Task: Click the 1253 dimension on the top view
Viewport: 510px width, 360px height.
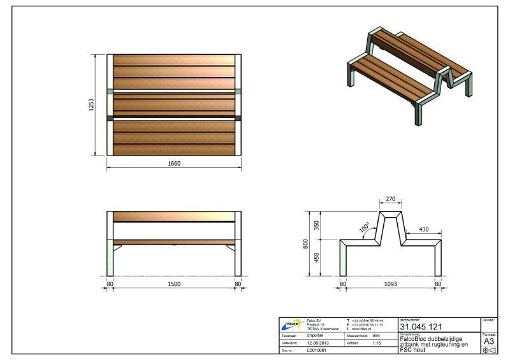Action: [92, 104]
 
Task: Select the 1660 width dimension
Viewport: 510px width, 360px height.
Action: [175, 164]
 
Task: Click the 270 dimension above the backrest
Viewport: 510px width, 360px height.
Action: [390, 199]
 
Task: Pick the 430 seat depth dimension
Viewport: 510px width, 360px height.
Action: [423, 229]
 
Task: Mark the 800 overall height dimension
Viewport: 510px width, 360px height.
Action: [306, 243]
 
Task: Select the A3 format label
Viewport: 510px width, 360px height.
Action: [489, 341]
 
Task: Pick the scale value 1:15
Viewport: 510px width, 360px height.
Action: [377, 342]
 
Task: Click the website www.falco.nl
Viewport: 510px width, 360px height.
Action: [363, 328]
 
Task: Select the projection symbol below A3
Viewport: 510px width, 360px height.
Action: [489, 350]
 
